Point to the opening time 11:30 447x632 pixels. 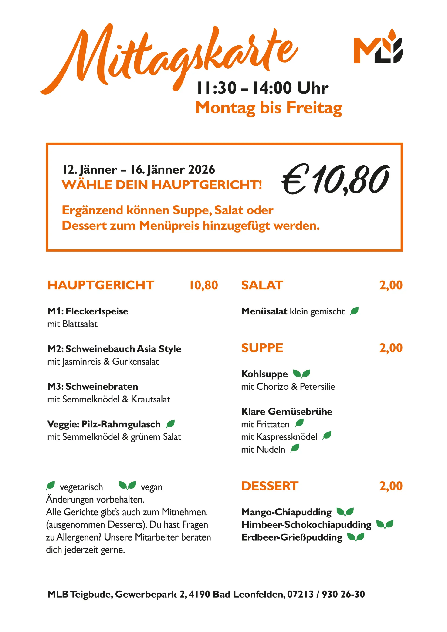pyautogui.click(x=217, y=88)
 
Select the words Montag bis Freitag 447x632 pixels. pyautogui.click(x=268, y=107)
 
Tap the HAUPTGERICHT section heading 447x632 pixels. pyautogui.click(x=101, y=285)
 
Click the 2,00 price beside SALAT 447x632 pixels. pyautogui.click(x=391, y=285)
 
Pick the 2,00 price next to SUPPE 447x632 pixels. pyautogui.click(x=391, y=348)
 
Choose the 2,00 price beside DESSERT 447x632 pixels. pyautogui.click(x=391, y=486)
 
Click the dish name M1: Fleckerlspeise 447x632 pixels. pyautogui.click(x=88, y=311)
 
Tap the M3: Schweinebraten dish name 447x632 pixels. pyautogui.click(x=92, y=386)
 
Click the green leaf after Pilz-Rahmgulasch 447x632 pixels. pyautogui.click(x=170, y=424)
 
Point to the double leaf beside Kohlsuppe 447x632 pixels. pyautogui.click(x=301, y=374)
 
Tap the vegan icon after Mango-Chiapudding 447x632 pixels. pyautogui.click(x=345, y=512)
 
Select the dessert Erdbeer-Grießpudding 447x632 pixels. pyautogui.click(x=291, y=537)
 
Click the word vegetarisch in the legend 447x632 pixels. pyautogui.click(x=81, y=487)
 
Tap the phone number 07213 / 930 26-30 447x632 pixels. pyautogui.click(x=326, y=594)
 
